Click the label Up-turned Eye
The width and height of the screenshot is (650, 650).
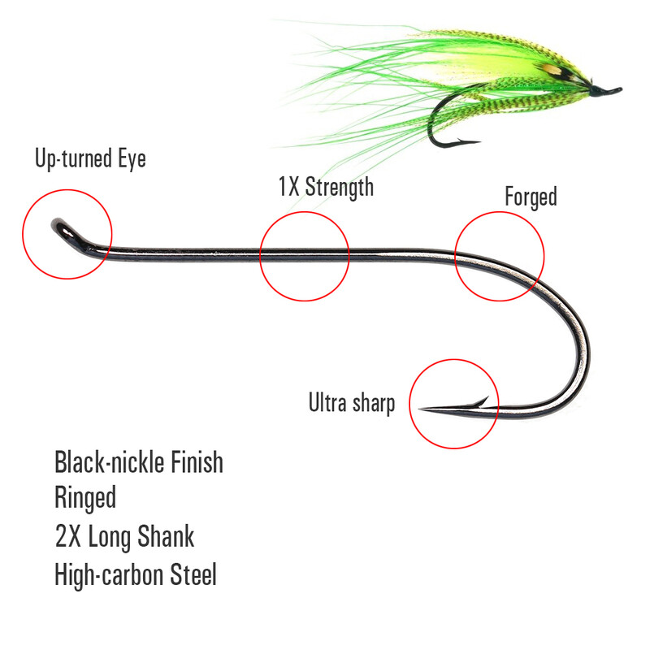click(90, 158)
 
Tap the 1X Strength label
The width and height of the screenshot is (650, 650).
click(326, 187)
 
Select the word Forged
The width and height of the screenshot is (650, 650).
click(531, 197)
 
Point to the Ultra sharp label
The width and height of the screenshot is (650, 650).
click(351, 403)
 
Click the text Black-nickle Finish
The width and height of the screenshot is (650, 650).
click(138, 463)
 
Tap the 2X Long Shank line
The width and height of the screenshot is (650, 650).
click(124, 537)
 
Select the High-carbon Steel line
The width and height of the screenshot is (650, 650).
click(136, 574)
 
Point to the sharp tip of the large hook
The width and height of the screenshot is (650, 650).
click(422, 409)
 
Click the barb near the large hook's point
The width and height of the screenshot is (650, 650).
click(481, 401)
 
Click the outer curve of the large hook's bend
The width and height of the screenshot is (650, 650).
click(586, 357)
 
